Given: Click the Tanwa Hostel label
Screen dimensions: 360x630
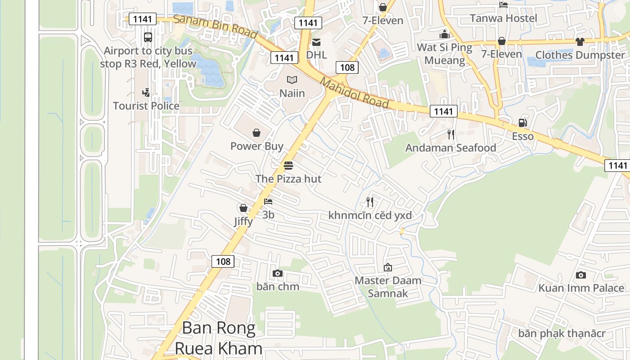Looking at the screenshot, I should [504, 18].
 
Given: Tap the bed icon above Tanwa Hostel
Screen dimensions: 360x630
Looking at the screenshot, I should [504, 5].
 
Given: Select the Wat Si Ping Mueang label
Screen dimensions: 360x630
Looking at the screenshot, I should [445, 54].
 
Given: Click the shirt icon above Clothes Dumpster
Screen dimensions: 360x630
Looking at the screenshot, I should [580, 41].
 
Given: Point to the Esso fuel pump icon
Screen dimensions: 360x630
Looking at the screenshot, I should [522, 122].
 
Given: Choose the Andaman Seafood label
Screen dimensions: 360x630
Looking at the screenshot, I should [450, 148].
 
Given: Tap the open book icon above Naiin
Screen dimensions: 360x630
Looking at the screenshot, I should [292, 80].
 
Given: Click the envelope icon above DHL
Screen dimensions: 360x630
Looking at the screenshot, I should [316, 42].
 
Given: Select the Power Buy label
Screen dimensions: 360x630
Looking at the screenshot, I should [256, 146].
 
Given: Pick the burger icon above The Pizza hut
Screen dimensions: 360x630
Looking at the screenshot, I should [288, 166].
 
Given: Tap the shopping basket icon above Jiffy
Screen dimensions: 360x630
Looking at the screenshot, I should [243, 208].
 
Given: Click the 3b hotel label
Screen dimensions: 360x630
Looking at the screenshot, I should [268, 215].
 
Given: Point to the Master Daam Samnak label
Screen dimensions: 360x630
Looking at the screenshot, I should [388, 287].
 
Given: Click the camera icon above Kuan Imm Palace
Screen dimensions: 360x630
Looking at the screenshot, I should [581, 275].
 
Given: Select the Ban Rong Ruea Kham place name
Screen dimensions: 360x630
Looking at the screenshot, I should [219, 338].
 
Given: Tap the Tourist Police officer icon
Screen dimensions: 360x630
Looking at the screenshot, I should [146, 93].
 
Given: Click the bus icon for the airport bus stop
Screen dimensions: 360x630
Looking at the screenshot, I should [148, 37].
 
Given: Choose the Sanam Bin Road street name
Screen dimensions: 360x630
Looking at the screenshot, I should [215, 26].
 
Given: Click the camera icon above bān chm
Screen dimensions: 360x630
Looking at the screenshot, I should [278, 273].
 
